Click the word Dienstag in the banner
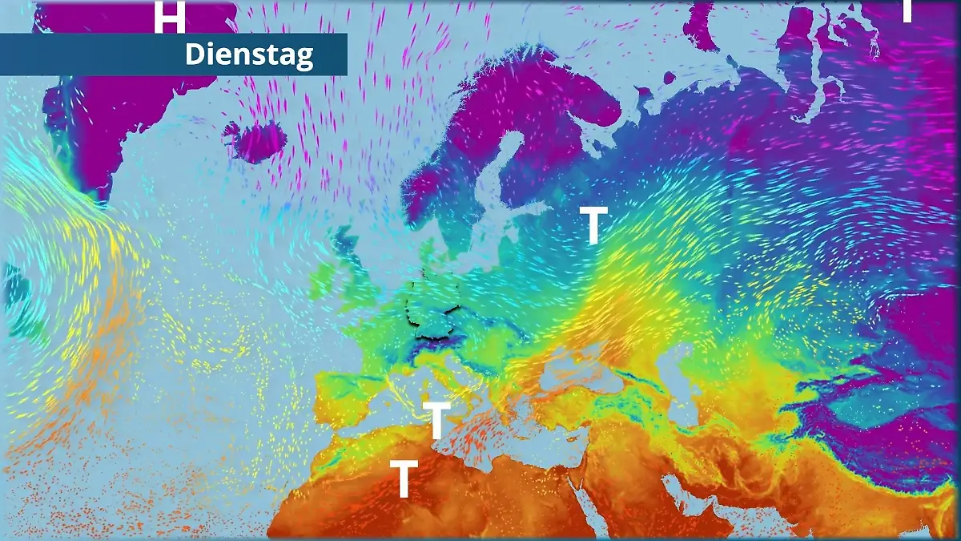(249, 55)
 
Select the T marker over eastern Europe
(593, 225)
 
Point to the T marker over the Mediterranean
(437, 420)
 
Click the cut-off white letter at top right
(907, 10)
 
